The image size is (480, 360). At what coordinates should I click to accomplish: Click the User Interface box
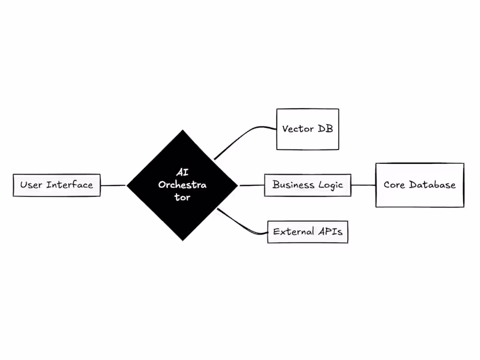point(56,185)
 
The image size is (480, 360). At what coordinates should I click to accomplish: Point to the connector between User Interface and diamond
point(113,185)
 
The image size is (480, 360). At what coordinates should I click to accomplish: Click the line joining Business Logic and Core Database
point(363,185)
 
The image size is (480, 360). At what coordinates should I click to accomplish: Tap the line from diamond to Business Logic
point(251,185)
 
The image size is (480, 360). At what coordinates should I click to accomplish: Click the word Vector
point(296,129)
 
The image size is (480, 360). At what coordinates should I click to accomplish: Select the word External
point(293,231)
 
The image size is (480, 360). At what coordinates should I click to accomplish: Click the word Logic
point(331,185)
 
